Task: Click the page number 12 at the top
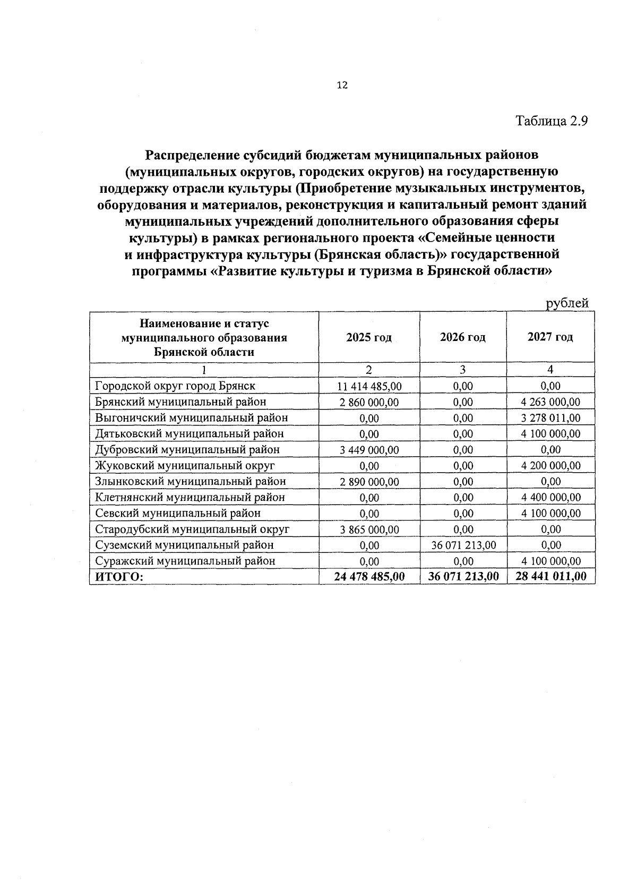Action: (x=342, y=85)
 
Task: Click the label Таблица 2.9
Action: (x=552, y=121)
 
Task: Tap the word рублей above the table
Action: (x=567, y=303)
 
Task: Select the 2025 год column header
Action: (x=369, y=337)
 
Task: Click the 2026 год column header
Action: (x=463, y=337)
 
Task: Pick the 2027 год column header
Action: (x=550, y=337)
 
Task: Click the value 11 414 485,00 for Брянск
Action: (x=369, y=386)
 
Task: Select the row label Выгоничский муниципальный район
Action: (x=191, y=418)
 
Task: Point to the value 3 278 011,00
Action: (x=550, y=418)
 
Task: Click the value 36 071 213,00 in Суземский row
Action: (x=463, y=545)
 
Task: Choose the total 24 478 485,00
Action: (x=369, y=577)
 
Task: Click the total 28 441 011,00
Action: (x=550, y=577)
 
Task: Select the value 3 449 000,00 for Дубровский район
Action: (x=369, y=450)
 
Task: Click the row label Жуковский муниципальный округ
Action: (x=185, y=466)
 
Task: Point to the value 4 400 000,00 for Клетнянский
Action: (x=550, y=498)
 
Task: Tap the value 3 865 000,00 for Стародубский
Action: (x=369, y=530)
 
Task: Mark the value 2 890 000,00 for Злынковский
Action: (x=369, y=482)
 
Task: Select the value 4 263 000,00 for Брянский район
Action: (x=550, y=402)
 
